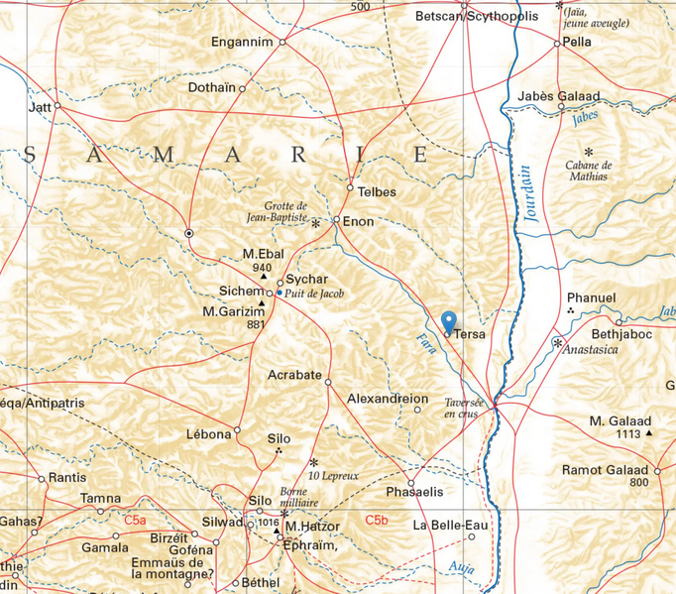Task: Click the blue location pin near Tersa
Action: tap(448, 321)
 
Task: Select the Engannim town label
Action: tap(243, 42)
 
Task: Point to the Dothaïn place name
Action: tap(211, 88)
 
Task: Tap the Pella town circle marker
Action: tap(557, 43)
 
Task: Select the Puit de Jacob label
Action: tap(314, 294)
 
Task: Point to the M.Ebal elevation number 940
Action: tap(263, 268)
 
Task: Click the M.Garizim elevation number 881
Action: tap(257, 324)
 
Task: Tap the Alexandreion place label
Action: tap(388, 399)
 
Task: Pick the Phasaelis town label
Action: tap(413, 491)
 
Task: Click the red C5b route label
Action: tap(377, 520)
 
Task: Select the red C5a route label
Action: tap(134, 520)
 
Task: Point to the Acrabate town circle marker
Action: tap(328, 381)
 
